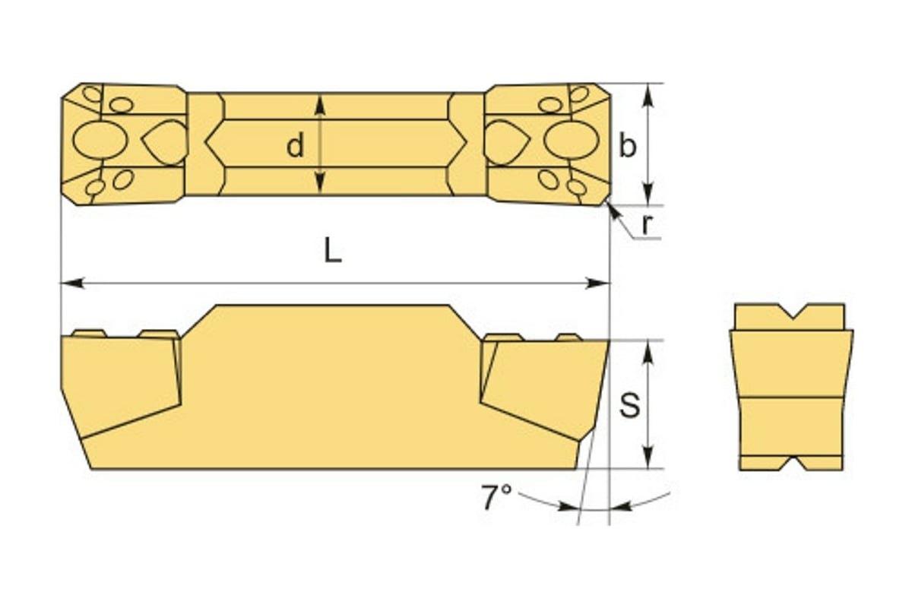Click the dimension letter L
tap(332, 249)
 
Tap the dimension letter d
tap(295, 146)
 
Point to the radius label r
tap(647, 224)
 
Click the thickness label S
tap(629, 405)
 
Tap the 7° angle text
tap(496, 497)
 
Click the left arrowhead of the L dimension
tap(72, 283)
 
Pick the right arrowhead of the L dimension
tap(597, 283)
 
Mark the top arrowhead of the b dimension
tap(648, 95)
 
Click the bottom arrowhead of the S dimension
tap(648, 457)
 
